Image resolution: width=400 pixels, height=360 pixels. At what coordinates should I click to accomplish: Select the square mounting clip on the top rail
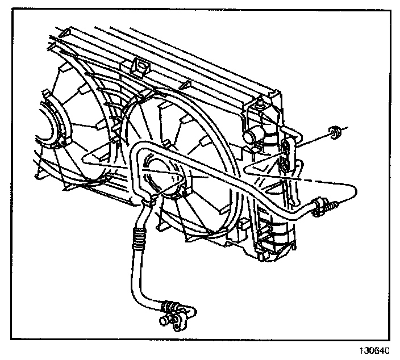point(140,67)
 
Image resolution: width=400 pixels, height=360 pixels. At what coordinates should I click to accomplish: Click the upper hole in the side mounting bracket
point(286,149)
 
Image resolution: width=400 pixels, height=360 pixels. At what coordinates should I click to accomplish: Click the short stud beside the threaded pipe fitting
point(338,203)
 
